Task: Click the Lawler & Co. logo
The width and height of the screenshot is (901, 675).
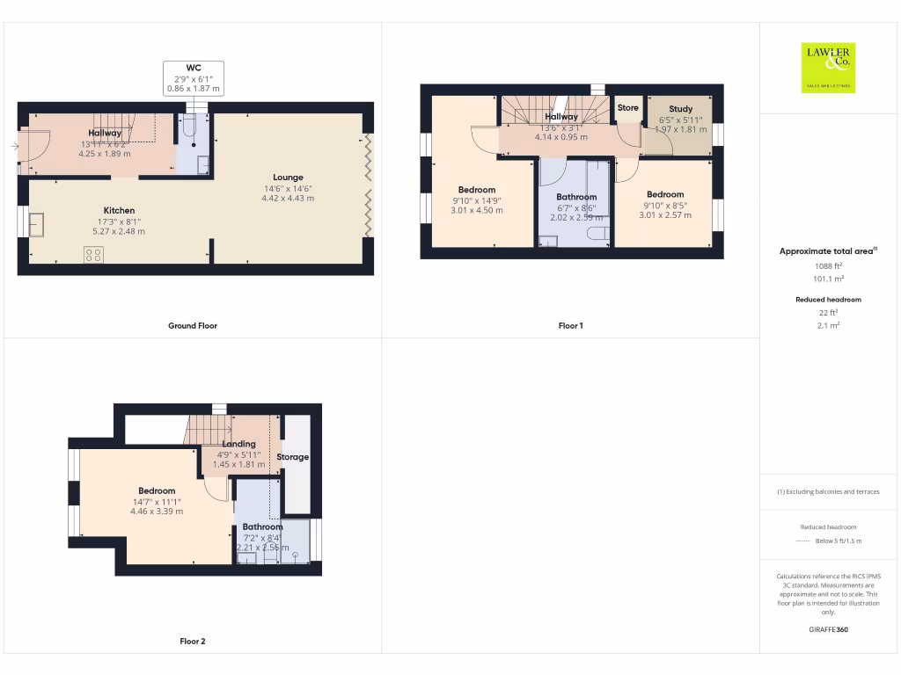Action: click(828, 68)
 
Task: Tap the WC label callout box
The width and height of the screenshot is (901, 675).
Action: click(194, 78)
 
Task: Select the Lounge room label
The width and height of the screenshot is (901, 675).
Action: click(288, 177)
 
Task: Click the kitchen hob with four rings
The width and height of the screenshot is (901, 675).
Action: click(93, 255)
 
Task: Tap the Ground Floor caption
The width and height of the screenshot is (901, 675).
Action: click(193, 326)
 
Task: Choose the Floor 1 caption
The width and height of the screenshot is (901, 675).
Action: click(570, 326)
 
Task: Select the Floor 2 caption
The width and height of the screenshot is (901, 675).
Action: click(193, 642)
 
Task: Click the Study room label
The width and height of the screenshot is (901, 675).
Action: click(680, 109)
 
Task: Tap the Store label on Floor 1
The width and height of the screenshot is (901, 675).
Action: click(627, 108)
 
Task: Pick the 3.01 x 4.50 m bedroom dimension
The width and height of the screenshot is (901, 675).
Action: click(477, 211)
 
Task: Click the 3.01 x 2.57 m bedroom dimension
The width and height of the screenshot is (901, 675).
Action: click(665, 215)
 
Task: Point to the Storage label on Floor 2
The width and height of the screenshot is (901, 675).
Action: click(293, 457)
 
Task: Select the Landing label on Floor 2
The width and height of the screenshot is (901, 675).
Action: click(238, 444)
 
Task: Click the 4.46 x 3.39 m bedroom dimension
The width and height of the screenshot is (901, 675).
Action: click(157, 512)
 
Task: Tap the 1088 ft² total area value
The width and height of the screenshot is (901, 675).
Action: click(828, 265)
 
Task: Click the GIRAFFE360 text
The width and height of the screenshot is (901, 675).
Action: click(828, 629)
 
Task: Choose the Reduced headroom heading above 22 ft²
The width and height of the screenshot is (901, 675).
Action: click(828, 300)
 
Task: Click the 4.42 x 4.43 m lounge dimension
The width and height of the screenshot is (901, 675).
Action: click(288, 199)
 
